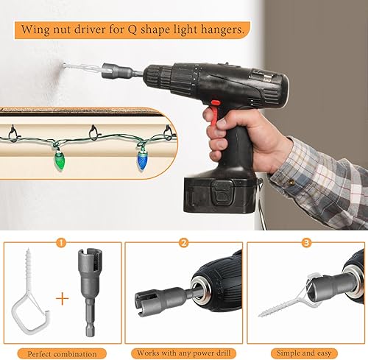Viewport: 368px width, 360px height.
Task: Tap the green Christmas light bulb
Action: pyautogui.click(x=58, y=160)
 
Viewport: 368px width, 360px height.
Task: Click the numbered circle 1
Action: pyautogui.click(x=61, y=243)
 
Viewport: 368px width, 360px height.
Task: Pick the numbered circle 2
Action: pyautogui.click(x=184, y=243)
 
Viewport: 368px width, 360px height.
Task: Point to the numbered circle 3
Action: pyautogui.click(x=306, y=243)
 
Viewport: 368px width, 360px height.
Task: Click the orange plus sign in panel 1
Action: pyautogui.click(x=63, y=298)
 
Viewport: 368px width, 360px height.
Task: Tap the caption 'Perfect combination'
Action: pyautogui.click(x=62, y=354)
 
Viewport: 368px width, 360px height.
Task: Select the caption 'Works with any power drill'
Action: pyautogui.click(x=183, y=353)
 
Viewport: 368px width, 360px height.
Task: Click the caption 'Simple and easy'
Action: pyautogui.click(x=304, y=353)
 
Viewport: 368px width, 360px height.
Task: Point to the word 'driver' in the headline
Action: pyautogui.click(x=91, y=29)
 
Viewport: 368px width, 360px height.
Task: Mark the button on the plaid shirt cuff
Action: pyautogui.click(x=291, y=182)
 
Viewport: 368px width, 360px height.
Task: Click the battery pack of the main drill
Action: pyautogui.click(x=220, y=194)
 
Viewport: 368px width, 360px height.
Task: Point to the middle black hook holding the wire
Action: pyautogui.click(x=93, y=133)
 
